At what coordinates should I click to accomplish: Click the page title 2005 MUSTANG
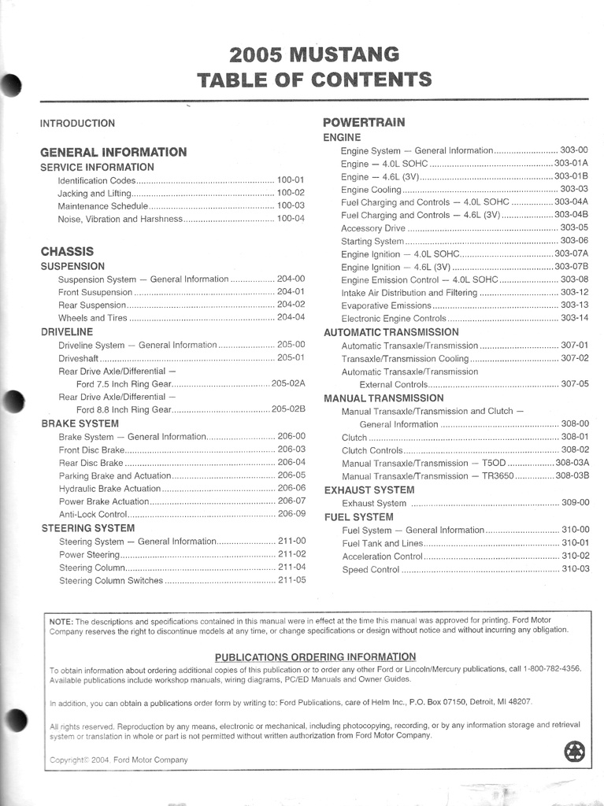coord(314,55)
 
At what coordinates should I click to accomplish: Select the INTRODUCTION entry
coord(77,124)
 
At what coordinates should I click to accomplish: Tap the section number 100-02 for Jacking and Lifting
coord(291,193)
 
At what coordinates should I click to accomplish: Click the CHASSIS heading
coord(67,252)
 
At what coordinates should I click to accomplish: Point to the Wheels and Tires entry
coord(93,318)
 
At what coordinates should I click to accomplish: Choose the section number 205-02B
coord(288,409)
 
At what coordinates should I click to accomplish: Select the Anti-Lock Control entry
coord(93,514)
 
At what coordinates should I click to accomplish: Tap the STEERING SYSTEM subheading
coord(87,528)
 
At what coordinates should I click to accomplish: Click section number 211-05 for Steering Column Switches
coord(291,581)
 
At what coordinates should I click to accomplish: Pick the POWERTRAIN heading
coord(364,123)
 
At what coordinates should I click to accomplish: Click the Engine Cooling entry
coord(371,190)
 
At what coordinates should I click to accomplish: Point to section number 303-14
coord(574,318)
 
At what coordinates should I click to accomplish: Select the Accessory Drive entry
coord(373,228)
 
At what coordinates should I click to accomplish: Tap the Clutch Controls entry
coord(372,450)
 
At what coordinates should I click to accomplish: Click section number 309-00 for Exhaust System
coord(574,503)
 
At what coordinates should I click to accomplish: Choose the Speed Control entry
coord(371,570)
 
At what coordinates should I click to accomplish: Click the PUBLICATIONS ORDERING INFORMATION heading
coord(315,656)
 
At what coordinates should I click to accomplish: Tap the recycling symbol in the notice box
coord(575,752)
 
